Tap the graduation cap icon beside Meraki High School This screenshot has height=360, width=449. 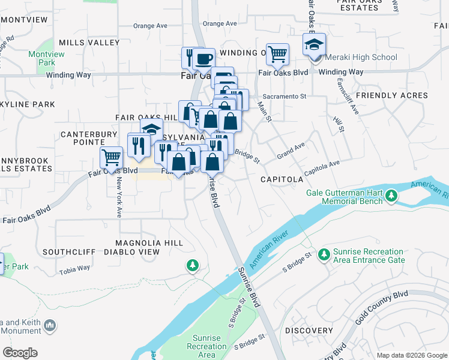[313, 45]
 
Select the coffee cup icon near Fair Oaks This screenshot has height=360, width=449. [203, 59]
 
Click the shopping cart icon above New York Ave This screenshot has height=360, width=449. [111, 158]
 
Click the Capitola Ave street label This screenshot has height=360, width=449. [322, 167]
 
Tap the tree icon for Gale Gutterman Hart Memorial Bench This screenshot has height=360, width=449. [391, 196]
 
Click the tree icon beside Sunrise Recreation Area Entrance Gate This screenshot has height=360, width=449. [324, 255]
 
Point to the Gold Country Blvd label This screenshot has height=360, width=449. [381, 306]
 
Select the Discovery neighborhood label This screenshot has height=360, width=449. [309, 331]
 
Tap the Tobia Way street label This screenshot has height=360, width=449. [75, 268]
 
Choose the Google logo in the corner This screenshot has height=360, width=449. [20, 352]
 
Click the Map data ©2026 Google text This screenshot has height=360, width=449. [411, 355]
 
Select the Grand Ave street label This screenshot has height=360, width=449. [291, 151]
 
